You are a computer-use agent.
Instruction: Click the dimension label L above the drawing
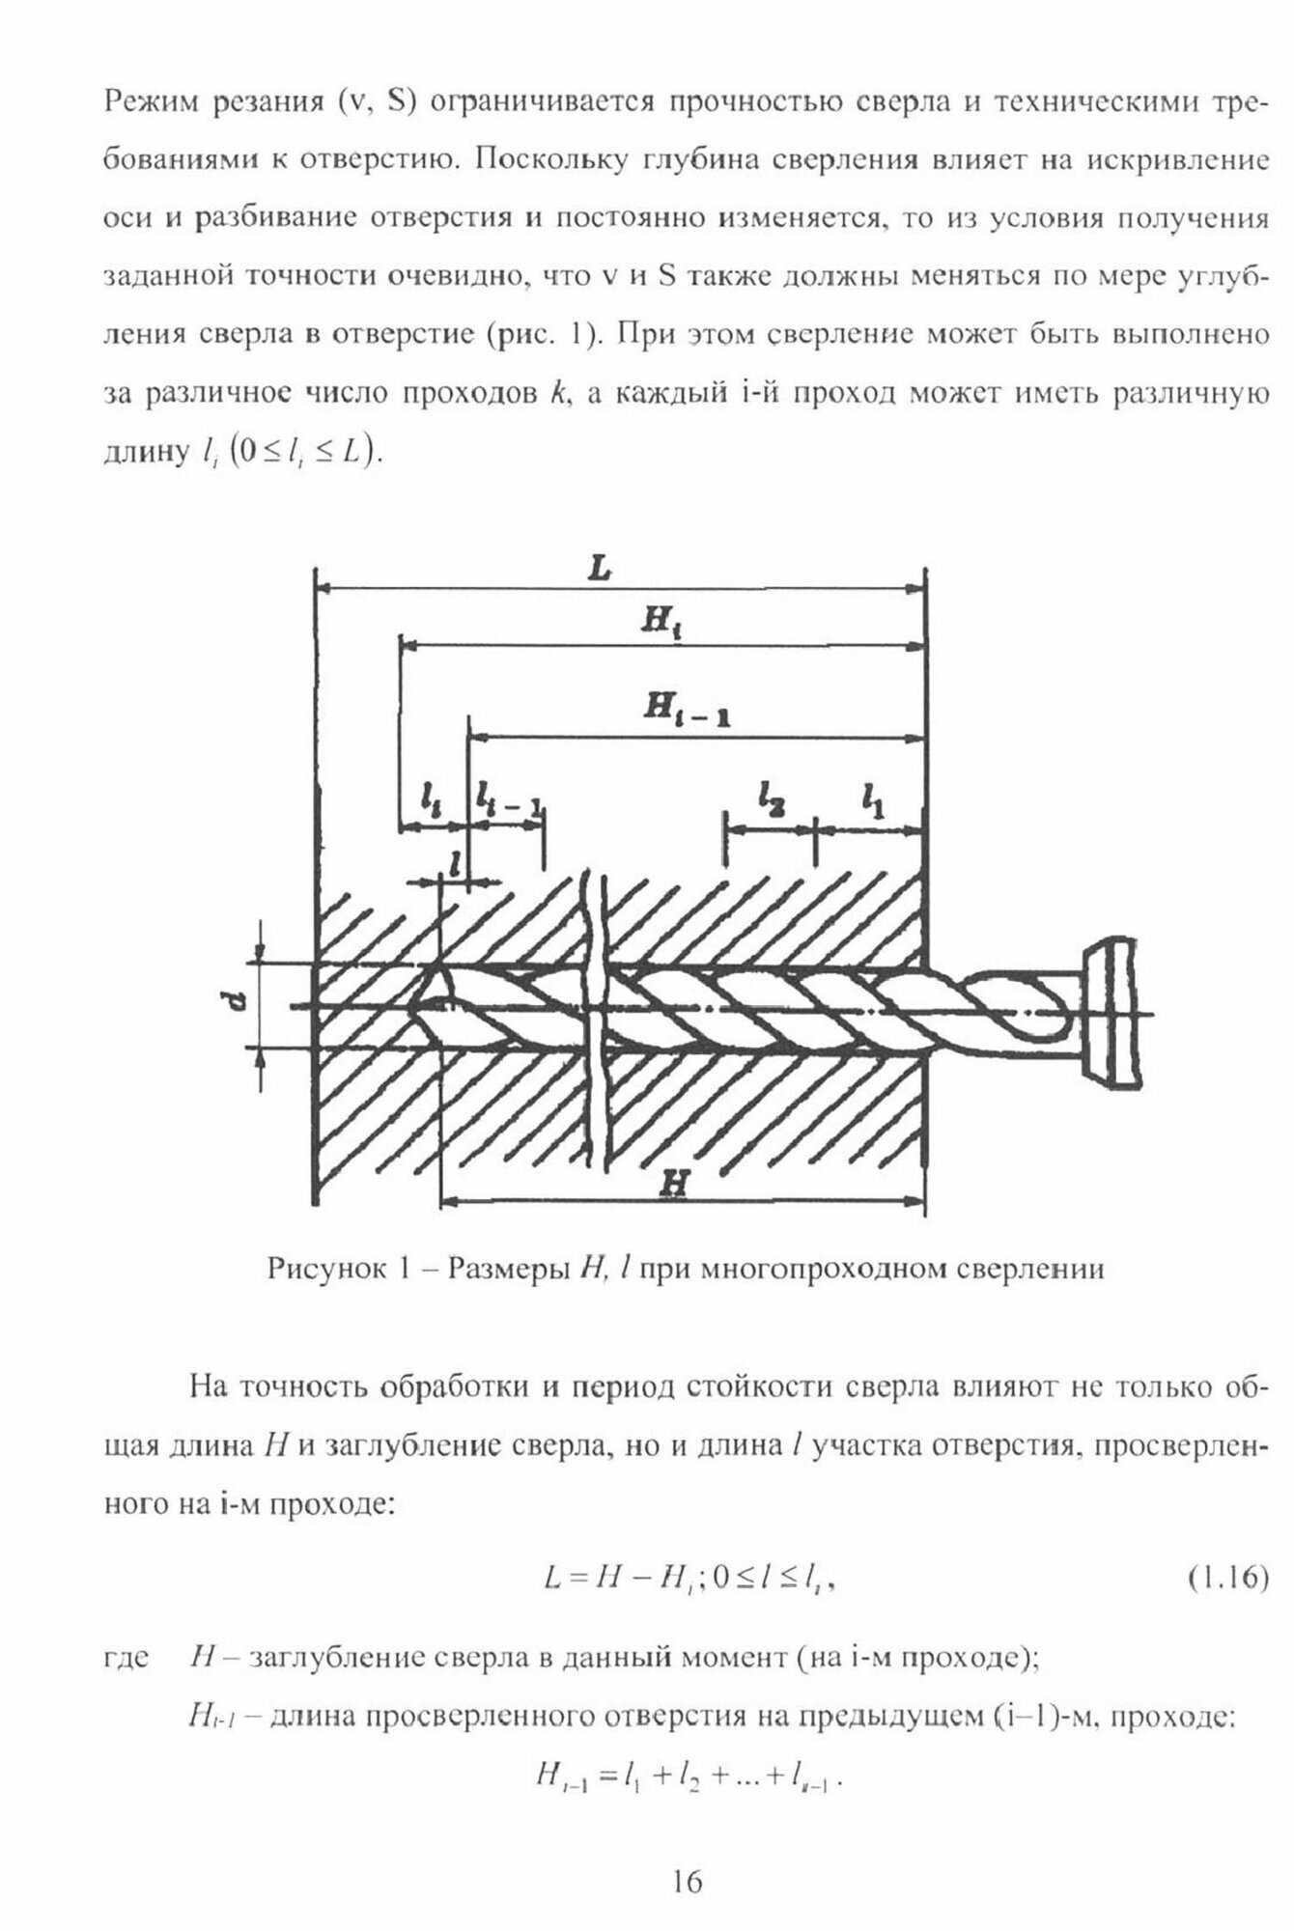click(x=600, y=570)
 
